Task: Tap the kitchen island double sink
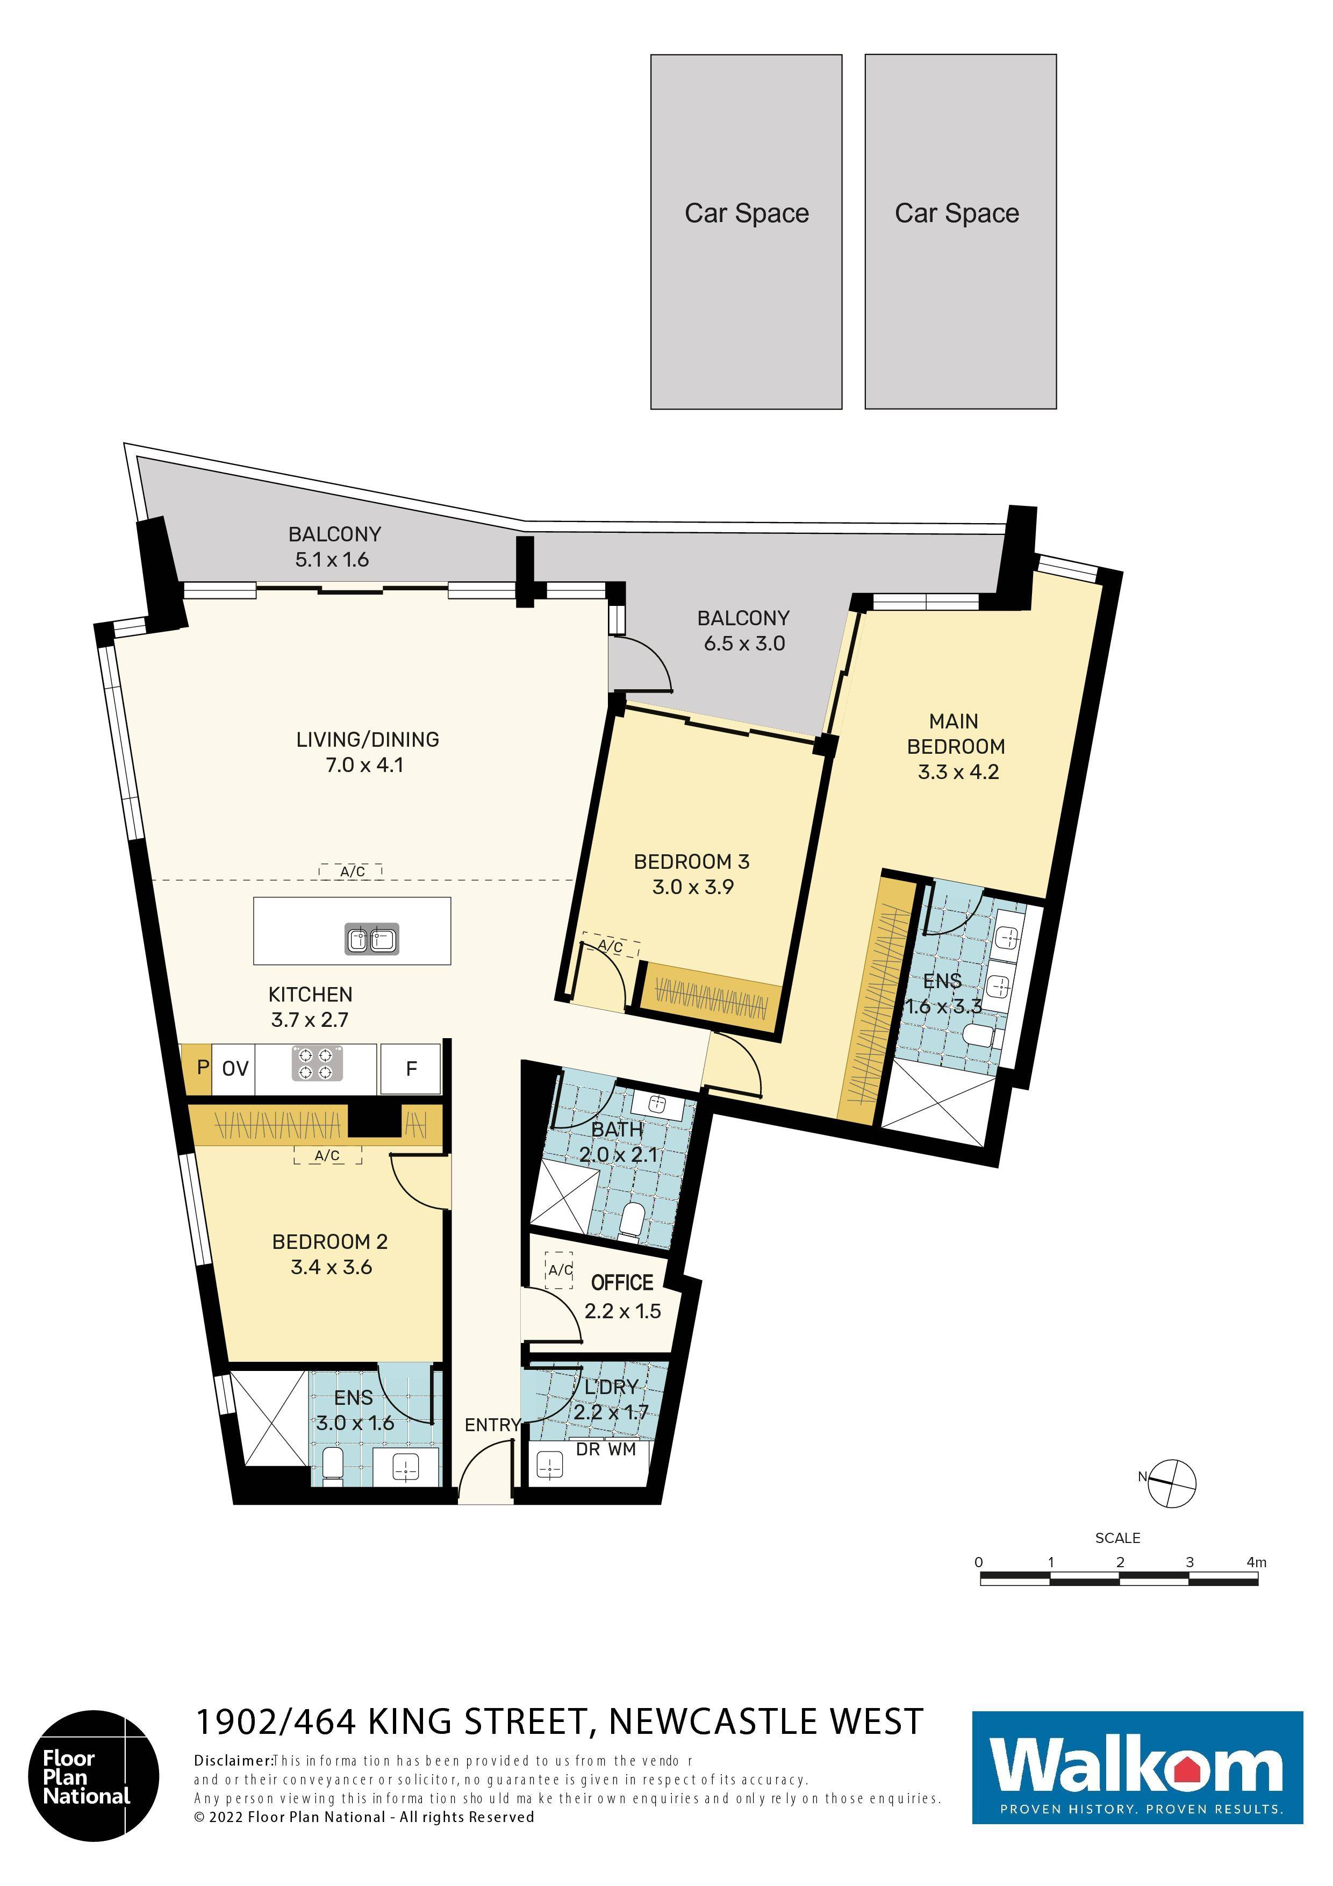click(371, 939)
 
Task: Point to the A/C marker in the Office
click(560, 1270)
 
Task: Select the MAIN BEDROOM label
click(955, 733)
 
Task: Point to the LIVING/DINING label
click(367, 739)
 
